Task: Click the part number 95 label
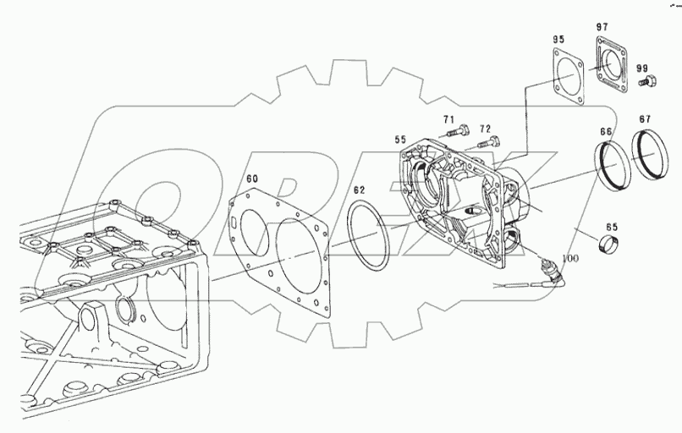tap(558, 39)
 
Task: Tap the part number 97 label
tap(602, 28)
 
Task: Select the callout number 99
tap(642, 68)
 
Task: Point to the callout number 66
tap(606, 132)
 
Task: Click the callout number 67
tap(645, 120)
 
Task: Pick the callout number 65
tap(611, 227)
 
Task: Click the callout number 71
tap(448, 120)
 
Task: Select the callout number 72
tap(485, 129)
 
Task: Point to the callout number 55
tap(400, 140)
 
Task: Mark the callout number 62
tap(359, 190)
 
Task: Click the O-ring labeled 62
tap(368, 236)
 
